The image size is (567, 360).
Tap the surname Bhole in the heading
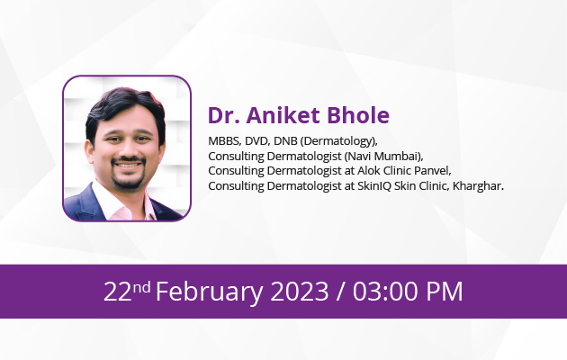(x=358, y=115)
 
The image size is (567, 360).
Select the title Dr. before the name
(x=223, y=115)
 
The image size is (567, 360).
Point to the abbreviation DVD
(x=257, y=141)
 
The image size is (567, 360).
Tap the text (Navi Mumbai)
(x=383, y=157)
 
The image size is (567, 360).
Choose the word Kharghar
(x=478, y=186)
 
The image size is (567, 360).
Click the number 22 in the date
(x=118, y=291)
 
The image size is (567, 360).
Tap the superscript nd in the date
(x=141, y=287)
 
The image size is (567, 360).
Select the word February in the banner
(x=210, y=292)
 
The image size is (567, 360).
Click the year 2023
(x=300, y=291)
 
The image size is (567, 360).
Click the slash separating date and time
(x=340, y=292)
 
